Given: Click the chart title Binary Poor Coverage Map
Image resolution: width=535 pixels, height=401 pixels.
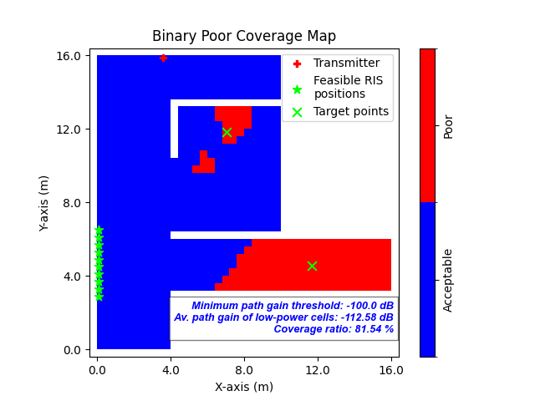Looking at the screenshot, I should (x=244, y=37).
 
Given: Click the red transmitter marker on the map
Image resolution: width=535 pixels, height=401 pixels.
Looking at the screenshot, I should (x=163, y=58).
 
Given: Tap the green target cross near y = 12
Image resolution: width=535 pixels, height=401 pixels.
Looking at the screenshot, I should (x=227, y=132).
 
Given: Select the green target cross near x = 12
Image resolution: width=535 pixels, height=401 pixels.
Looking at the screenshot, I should (x=312, y=266).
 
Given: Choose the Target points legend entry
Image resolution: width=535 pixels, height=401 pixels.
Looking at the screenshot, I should (x=350, y=111).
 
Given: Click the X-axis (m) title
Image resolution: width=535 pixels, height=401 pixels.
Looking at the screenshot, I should (x=244, y=386).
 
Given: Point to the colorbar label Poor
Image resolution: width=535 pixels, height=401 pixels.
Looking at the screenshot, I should (x=449, y=126).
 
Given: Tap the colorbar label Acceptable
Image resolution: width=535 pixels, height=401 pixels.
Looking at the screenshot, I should (x=449, y=280).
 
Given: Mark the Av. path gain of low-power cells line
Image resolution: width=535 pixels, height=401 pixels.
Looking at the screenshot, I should (x=284, y=317).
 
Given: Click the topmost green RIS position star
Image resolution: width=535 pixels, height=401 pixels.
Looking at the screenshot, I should (x=99, y=230).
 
